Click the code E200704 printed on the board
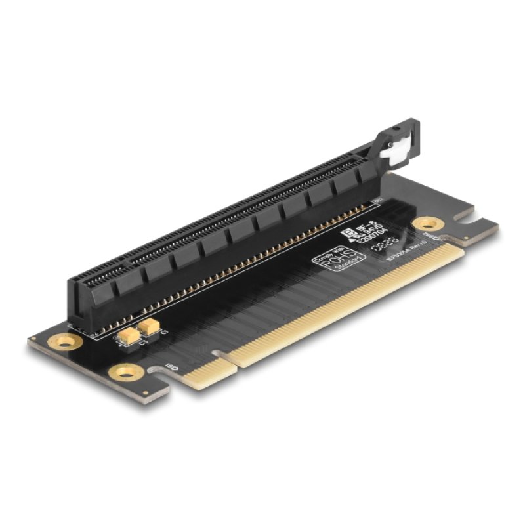pyautogui.click(x=376, y=236)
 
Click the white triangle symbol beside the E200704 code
pyautogui.click(x=358, y=241)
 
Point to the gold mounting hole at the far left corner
pyautogui.click(x=65, y=341)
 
